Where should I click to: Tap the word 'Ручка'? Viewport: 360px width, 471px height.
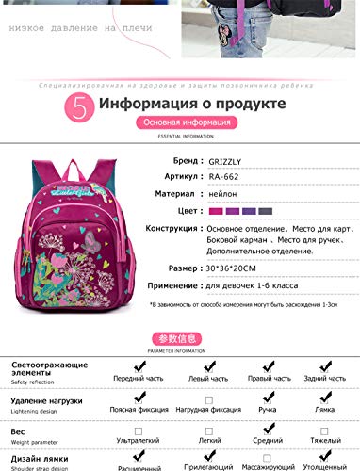pyautogui.click(x=268, y=410)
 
